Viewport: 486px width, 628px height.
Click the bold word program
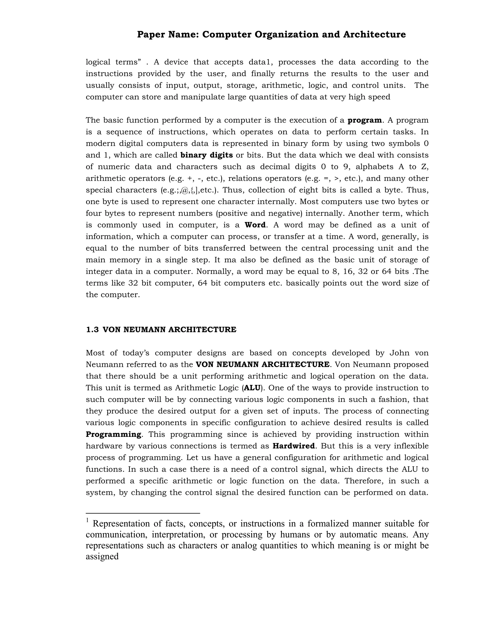point(364,120)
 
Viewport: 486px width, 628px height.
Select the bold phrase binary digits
point(206,155)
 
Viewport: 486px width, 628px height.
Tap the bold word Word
point(255,225)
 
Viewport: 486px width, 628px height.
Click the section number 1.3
point(92,330)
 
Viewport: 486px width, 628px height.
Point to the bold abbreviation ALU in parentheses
point(252,388)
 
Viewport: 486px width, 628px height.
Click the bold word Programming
point(113,434)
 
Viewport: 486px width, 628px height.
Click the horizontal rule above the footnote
point(143,513)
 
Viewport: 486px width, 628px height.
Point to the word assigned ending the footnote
point(102,556)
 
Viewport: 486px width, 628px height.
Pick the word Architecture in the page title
point(374,35)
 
